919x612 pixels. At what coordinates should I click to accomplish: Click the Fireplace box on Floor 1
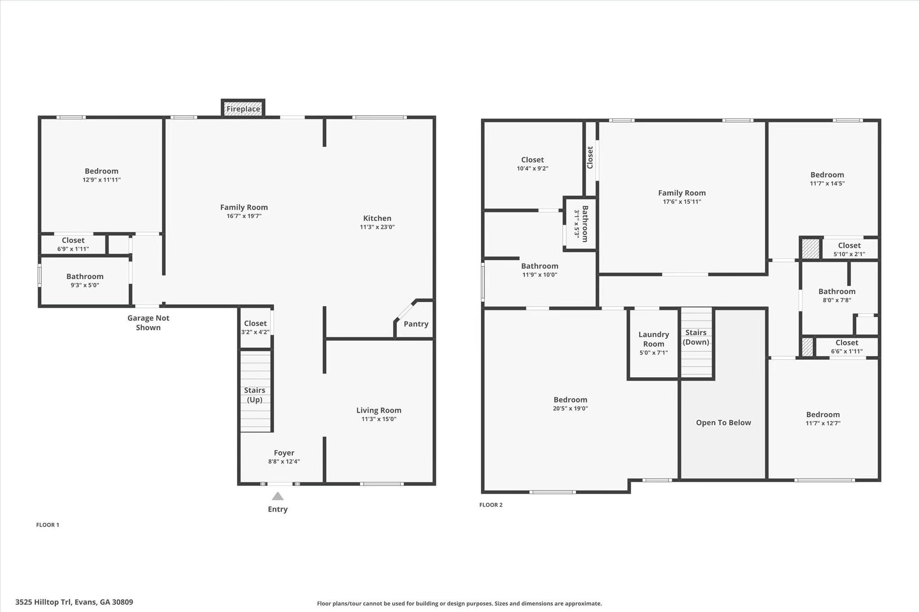[243, 109]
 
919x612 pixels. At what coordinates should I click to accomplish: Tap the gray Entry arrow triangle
[278, 496]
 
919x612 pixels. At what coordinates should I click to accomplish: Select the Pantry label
[416, 324]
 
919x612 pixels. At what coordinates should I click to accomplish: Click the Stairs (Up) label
[254, 395]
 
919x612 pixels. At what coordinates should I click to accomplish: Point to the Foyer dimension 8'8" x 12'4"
[284, 461]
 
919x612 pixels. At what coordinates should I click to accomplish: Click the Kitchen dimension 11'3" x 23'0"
[377, 227]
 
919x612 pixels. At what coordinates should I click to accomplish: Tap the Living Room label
[379, 410]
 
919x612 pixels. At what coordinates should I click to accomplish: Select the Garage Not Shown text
[148, 323]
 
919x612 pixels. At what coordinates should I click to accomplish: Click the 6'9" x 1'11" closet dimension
[73, 249]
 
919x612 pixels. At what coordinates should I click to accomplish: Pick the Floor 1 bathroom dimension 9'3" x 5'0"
[85, 285]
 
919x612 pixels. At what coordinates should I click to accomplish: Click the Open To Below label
[723, 423]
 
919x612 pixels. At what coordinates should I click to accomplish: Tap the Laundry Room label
[653, 339]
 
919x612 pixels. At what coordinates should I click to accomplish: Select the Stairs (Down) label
[696, 337]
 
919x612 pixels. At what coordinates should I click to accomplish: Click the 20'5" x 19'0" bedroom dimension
[570, 408]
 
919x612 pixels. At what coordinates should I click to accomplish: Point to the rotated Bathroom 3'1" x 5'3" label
[581, 223]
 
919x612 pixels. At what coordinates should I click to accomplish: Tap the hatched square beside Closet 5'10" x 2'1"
[810, 249]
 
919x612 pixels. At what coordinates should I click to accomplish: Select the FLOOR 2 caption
[491, 505]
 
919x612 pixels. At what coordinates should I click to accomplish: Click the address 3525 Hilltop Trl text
[74, 602]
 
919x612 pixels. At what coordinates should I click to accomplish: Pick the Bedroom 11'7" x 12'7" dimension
[823, 423]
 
